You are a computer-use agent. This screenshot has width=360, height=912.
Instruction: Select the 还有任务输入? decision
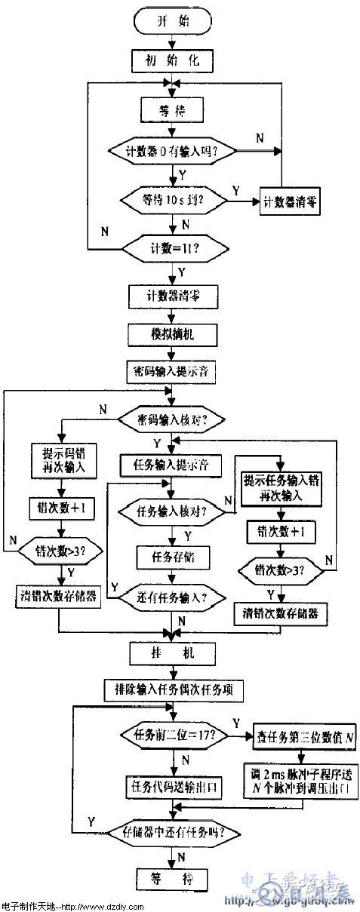click(x=173, y=596)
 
